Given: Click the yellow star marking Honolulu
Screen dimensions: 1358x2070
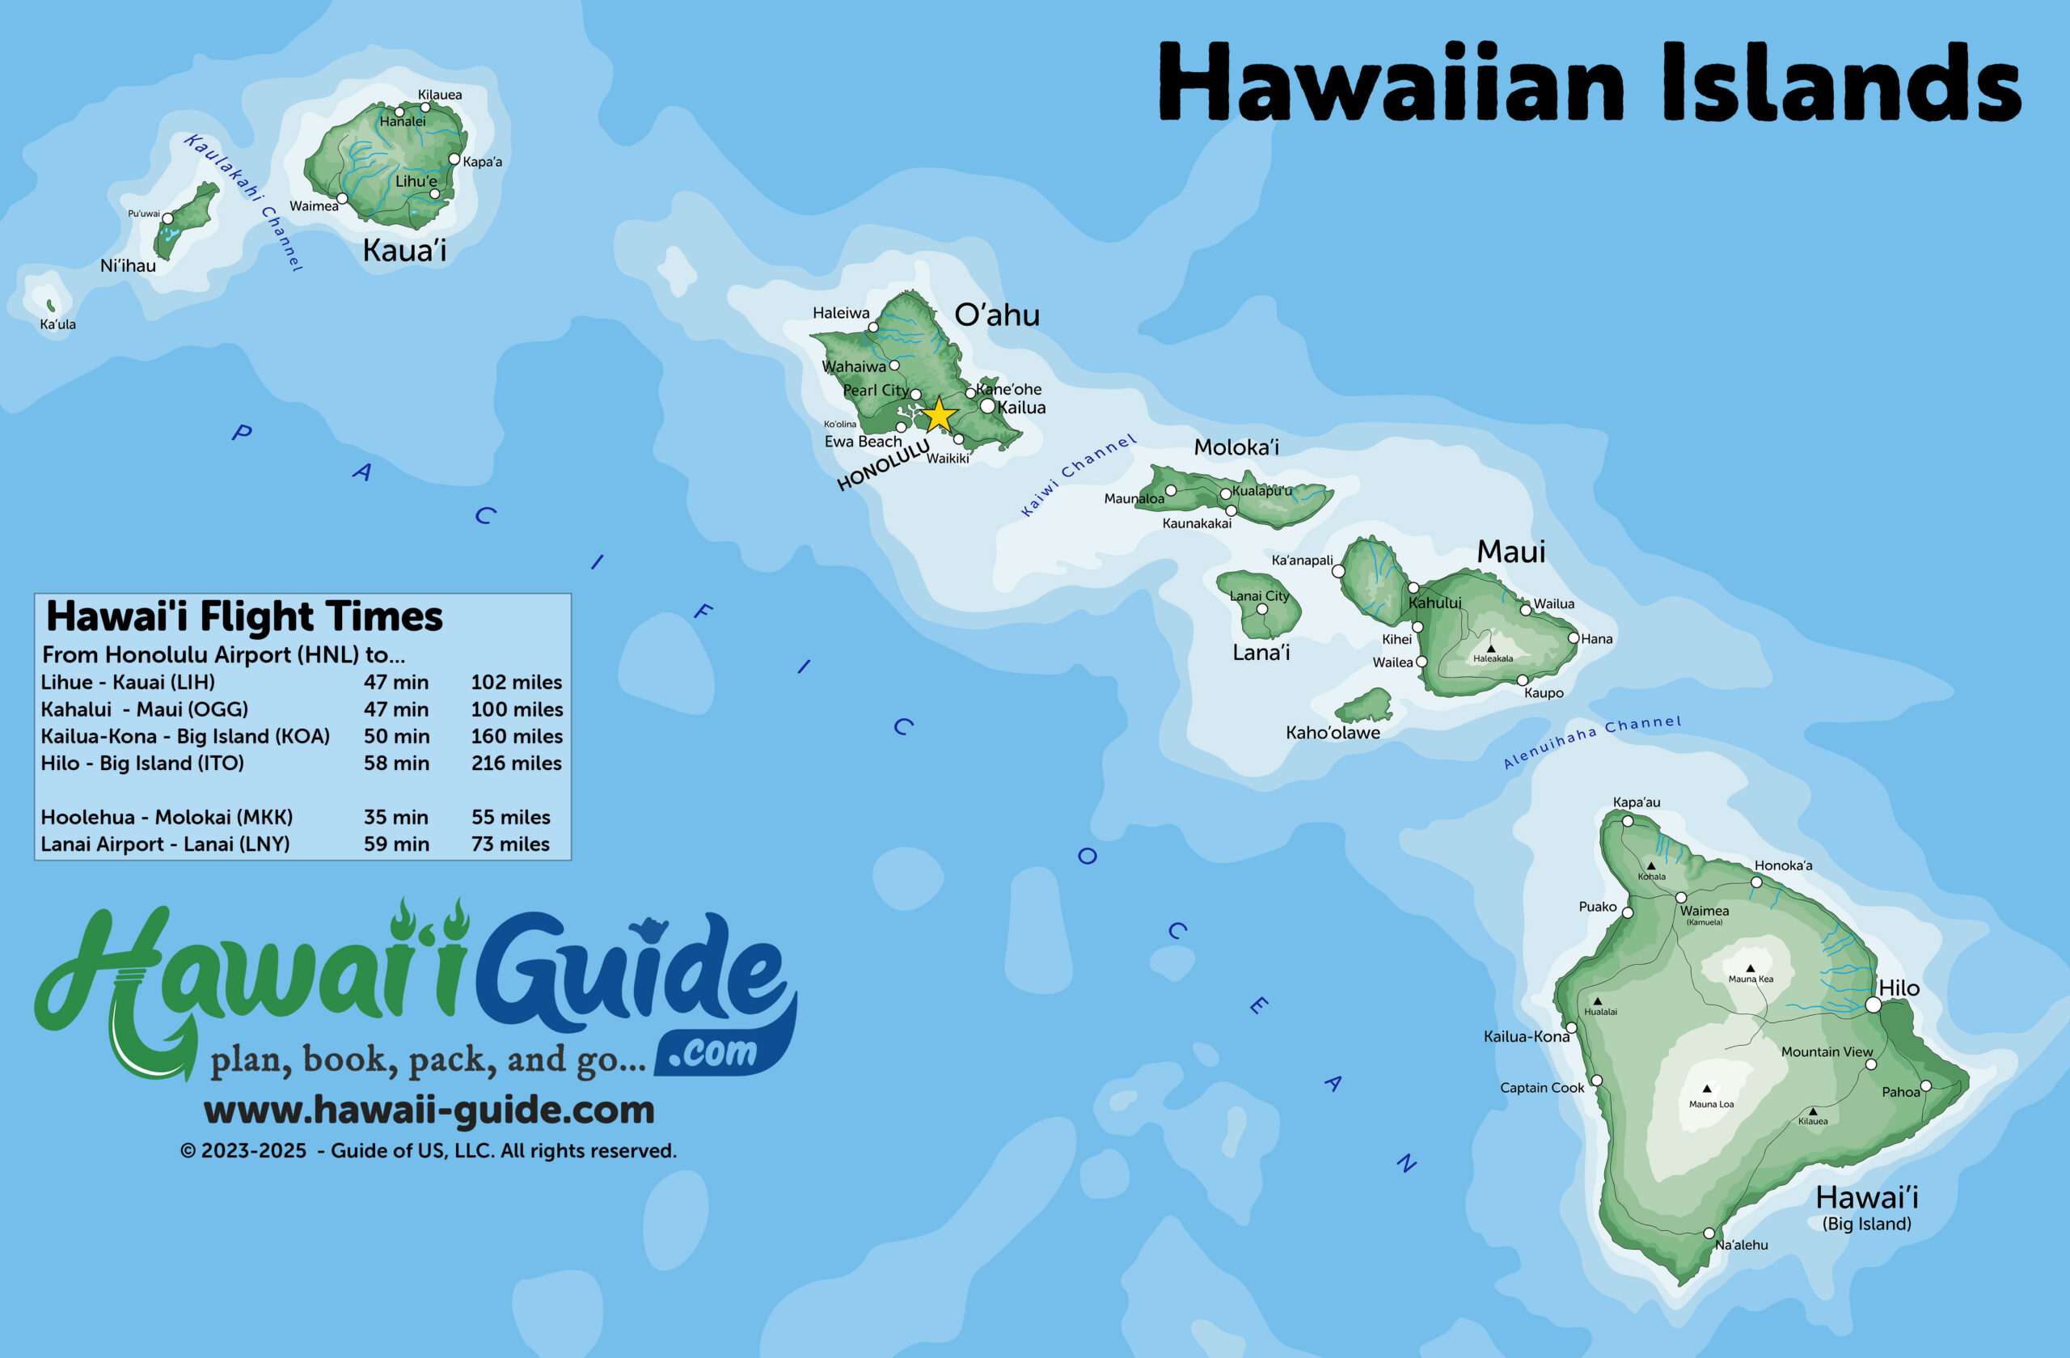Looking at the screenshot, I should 940,415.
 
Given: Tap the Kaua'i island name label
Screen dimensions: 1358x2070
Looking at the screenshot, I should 404,251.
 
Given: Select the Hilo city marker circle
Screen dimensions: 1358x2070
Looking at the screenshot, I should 1874,1005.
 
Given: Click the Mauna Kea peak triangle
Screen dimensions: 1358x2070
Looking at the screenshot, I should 1750,967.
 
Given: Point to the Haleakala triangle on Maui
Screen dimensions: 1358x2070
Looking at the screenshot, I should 1491,648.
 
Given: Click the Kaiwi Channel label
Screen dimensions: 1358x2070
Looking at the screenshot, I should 1079,474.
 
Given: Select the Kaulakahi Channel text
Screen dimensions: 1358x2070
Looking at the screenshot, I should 243,202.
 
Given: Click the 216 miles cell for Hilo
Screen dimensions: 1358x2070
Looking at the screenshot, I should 516,763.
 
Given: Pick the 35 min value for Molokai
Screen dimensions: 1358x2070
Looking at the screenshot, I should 395,817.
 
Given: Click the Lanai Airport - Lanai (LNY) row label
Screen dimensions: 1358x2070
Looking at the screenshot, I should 165,844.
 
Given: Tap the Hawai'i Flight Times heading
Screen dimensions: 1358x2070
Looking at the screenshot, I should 244,616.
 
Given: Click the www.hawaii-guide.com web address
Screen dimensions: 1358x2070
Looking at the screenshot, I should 429,1110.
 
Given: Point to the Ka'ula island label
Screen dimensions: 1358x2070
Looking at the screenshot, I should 57,324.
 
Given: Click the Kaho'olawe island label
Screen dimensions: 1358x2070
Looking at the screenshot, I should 1333,733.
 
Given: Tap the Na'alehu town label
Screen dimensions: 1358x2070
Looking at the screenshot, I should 1741,1245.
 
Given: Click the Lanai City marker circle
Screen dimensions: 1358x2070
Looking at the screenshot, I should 1262,609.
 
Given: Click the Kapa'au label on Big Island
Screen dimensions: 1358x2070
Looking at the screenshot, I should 1636,802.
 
